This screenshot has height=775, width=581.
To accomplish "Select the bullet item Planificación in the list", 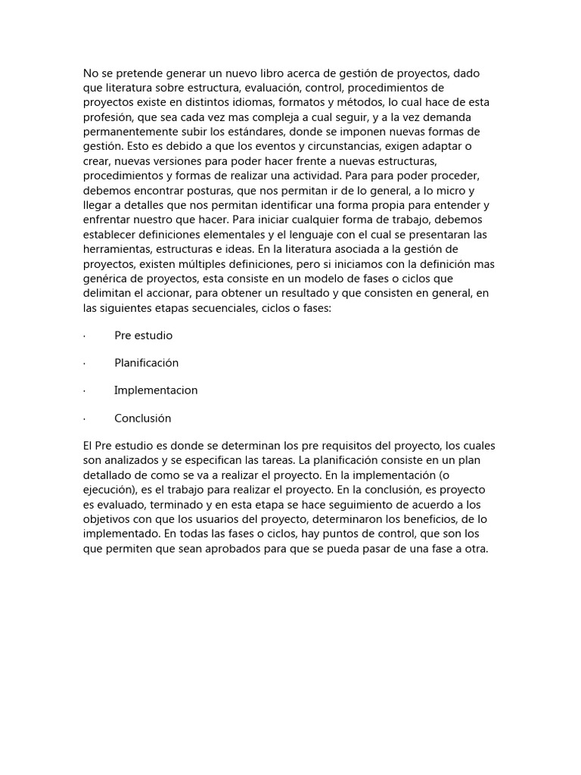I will pos(146,363).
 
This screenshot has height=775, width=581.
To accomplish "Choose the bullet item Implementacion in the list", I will pos(156,391).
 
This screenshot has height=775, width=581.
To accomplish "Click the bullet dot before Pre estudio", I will pos(84,335).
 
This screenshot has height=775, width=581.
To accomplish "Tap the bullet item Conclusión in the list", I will pos(143,418).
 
